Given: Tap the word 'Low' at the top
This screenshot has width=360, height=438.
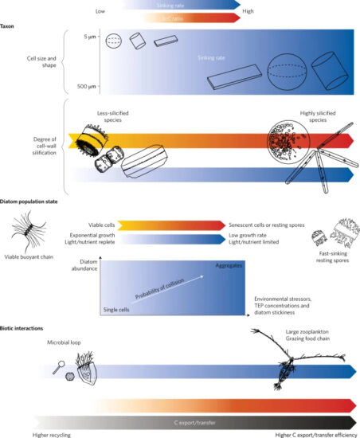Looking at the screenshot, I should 100,11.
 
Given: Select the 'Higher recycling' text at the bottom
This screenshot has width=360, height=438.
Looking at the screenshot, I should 54,433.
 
